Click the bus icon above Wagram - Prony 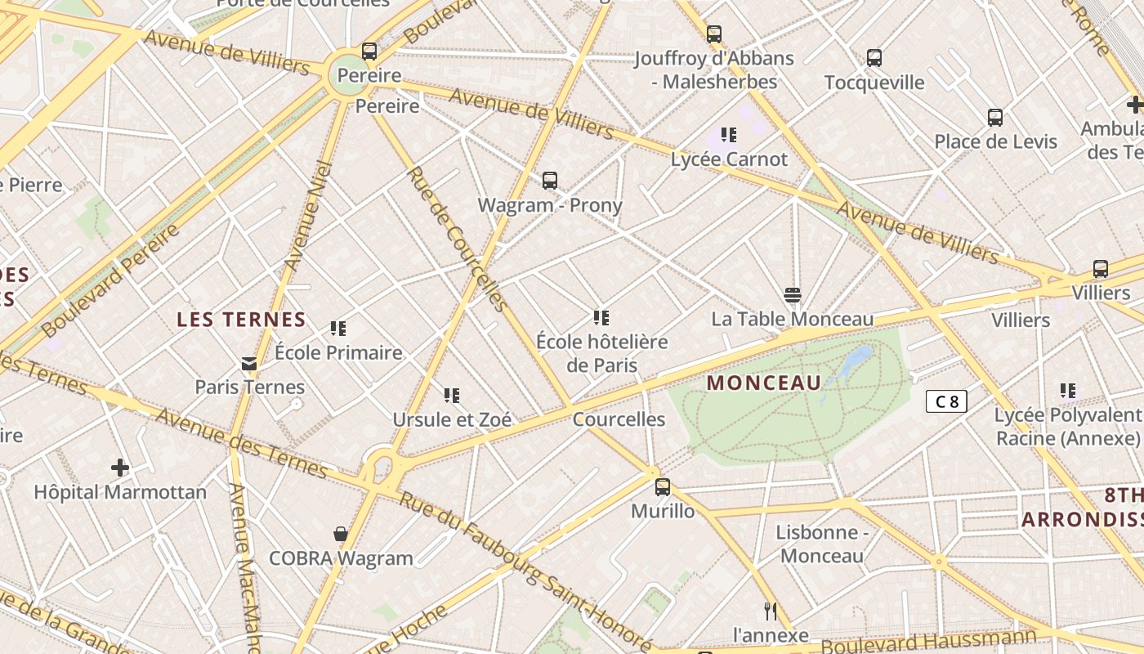tap(550, 181)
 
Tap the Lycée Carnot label tap(729, 159)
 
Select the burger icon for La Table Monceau tap(792, 294)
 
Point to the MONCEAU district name tap(764, 383)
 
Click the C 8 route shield tap(946, 401)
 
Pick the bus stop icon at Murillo tap(663, 487)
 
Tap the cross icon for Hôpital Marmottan tap(120, 468)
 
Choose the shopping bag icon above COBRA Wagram tap(341, 535)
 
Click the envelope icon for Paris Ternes tap(249, 364)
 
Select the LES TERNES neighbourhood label tap(241, 320)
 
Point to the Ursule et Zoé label tap(452, 420)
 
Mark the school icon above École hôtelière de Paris tap(601, 317)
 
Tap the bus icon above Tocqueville tap(874, 58)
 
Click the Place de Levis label tap(995, 141)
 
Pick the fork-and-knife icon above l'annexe tap(770, 611)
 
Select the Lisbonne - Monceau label tap(821, 544)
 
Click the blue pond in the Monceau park tap(854, 360)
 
